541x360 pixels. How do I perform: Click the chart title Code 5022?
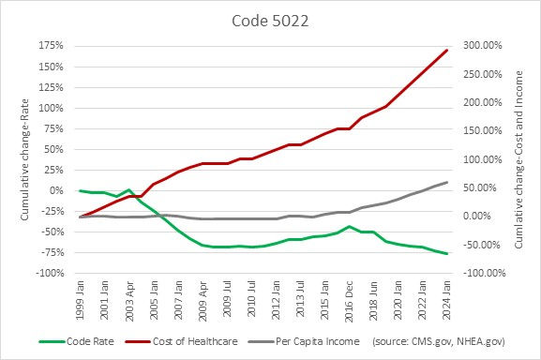(269, 20)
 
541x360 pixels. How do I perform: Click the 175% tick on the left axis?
(51, 46)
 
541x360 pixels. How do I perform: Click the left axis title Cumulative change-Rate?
(23, 159)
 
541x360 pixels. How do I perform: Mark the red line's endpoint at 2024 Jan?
(446, 51)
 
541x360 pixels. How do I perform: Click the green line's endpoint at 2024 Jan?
(446, 254)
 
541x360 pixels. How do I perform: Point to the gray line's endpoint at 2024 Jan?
(446, 182)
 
